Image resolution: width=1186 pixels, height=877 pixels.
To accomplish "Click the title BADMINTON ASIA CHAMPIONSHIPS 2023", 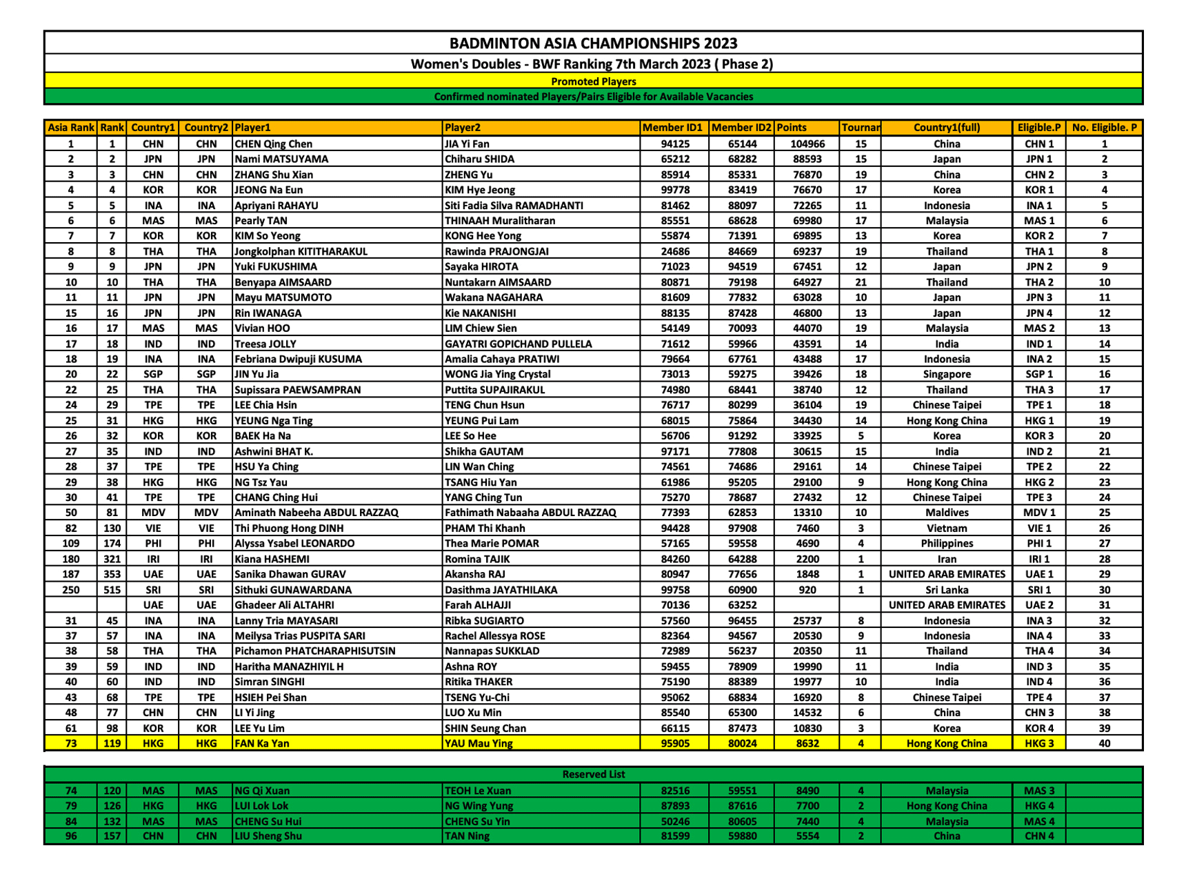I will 593,43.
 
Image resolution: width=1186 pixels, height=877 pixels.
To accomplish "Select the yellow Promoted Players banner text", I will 593,81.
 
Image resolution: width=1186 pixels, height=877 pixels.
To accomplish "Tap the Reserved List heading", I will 593,774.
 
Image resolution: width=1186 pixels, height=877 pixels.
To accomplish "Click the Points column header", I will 792,128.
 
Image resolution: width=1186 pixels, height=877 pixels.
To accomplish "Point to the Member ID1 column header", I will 672,128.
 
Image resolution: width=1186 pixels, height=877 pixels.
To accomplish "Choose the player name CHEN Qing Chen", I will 274,144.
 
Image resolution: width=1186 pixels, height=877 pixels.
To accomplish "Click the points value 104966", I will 807,144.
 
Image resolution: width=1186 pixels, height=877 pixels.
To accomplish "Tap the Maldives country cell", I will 947,513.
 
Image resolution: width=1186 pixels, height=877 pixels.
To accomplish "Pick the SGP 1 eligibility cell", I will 1039,374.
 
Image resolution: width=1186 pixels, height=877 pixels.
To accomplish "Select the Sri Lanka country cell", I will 947,590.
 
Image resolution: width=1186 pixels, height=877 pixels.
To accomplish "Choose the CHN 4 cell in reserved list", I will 1039,836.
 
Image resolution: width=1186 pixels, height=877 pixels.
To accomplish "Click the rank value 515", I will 112,590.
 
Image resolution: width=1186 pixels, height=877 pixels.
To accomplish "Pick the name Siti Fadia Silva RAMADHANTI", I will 514,206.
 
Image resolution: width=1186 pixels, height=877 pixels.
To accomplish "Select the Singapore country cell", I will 947,374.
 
